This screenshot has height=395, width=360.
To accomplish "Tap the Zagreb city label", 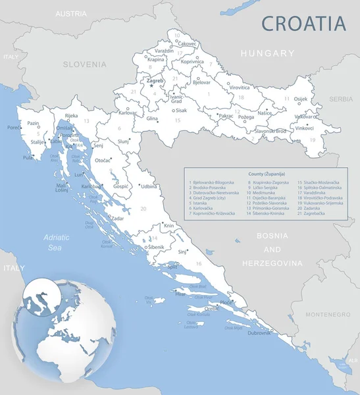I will click(155, 81).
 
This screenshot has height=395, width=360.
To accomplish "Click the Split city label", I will click(172, 267).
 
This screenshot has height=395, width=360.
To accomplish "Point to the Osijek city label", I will click(300, 99).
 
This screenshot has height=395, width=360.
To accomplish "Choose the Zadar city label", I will click(118, 218).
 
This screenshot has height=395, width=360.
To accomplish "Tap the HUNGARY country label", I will click(267, 53).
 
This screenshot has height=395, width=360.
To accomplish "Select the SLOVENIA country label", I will click(84, 65).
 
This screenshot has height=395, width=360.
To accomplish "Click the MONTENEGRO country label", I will click(328, 315).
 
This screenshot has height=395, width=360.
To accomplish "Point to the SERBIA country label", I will click(341, 99).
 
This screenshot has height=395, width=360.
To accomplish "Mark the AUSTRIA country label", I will click(71, 13).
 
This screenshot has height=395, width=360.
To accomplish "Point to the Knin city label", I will click(169, 226).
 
